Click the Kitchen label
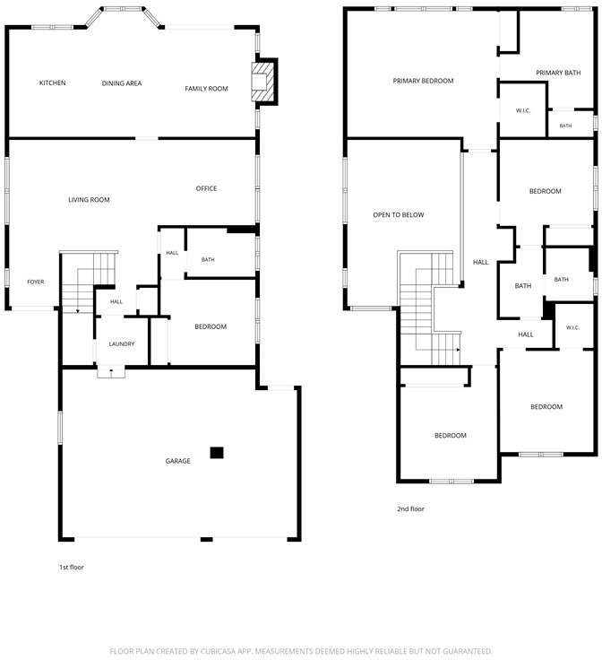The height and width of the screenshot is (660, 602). (x=53, y=82)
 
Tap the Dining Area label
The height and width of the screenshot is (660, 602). (x=122, y=83)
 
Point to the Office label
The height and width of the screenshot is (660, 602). (x=206, y=188)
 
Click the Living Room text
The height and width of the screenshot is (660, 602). (x=89, y=199)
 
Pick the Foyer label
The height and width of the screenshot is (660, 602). (x=36, y=282)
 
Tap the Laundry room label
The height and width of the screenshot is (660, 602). (x=122, y=343)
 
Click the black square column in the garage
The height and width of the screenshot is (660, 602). (x=217, y=453)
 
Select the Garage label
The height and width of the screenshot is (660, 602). (x=178, y=461)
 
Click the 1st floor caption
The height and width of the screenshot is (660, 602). (x=72, y=567)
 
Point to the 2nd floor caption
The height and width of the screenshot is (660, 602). (x=410, y=508)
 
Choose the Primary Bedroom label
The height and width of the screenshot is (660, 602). (x=424, y=81)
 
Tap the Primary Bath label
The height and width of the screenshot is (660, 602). (x=558, y=73)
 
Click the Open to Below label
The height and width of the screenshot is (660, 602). (x=399, y=214)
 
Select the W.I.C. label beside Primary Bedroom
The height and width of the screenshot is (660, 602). (x=523, y=110)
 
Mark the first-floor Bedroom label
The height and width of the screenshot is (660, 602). (x=211, y=326)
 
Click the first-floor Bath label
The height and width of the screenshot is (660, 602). (x=208, y=260)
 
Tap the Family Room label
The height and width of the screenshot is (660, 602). (x=206, y=89)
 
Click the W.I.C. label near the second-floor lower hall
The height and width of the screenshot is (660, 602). (x=572, y=327)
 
